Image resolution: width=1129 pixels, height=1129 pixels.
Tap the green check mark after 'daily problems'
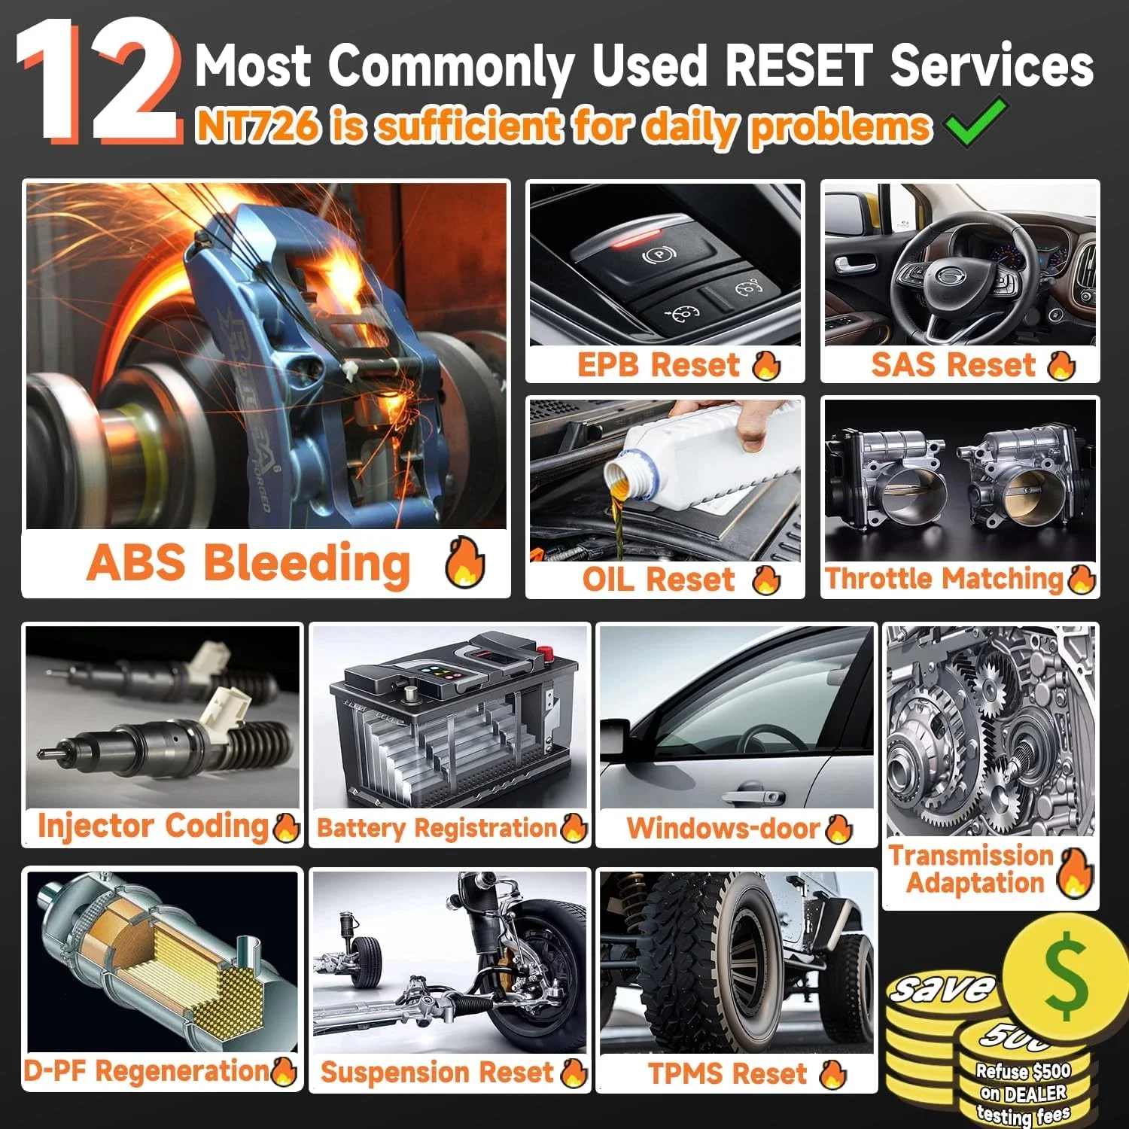click(976, 122)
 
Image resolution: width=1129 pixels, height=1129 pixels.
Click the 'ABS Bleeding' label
click(248, 563)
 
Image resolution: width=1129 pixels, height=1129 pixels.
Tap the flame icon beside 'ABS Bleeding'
click(464, 563)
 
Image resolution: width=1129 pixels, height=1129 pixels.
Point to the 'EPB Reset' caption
click(658, 365)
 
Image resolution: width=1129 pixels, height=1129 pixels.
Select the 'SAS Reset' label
click(953, 365)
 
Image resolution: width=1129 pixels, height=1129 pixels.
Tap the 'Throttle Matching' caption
click(944, 579)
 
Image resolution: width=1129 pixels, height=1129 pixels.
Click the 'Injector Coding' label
click(153, 826)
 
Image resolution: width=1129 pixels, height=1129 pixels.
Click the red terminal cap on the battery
click(544, 652)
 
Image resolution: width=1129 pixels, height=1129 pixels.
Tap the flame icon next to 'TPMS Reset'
click(833, 1074)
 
